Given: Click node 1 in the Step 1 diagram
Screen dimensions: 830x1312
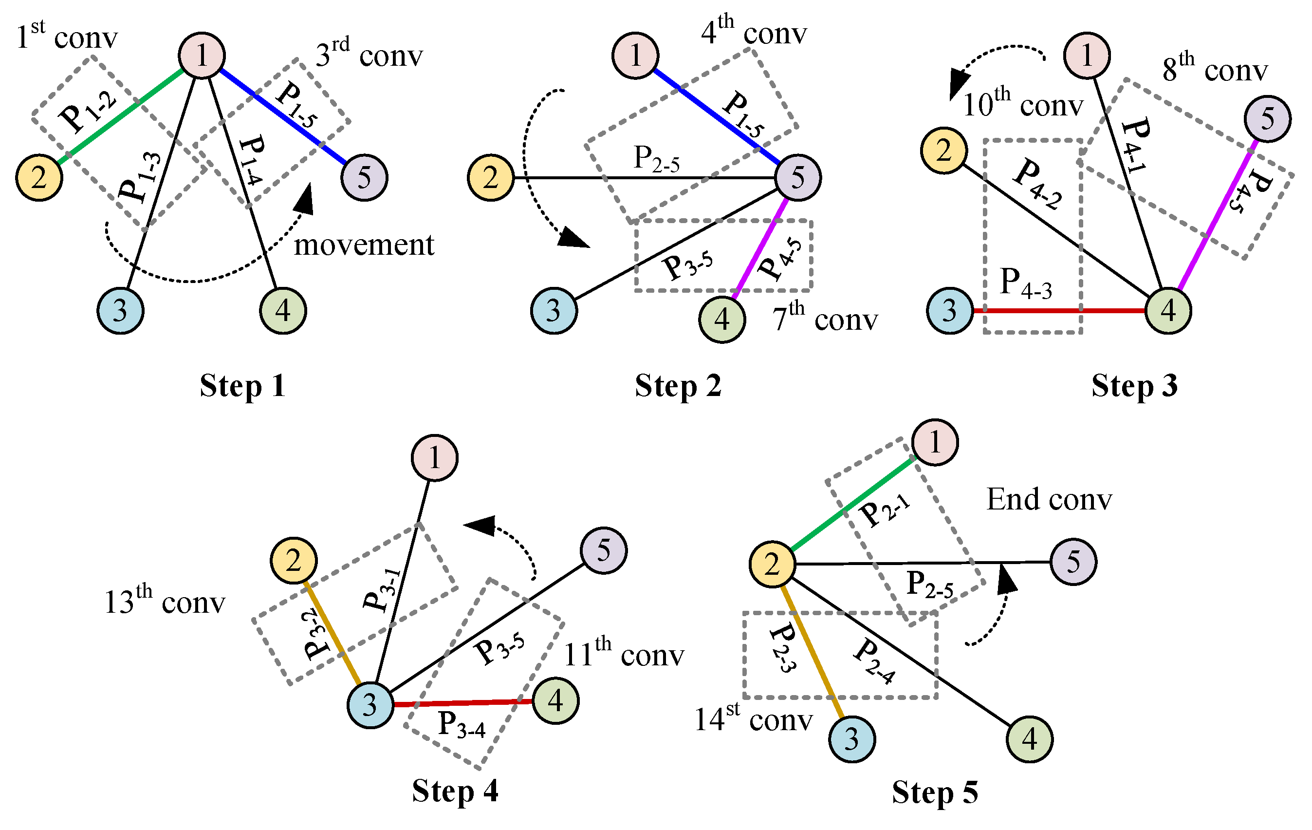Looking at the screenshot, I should pyautogui.click(x=202, y=55).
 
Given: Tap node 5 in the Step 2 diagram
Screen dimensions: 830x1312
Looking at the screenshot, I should pyautogui.click(x=797, y=178).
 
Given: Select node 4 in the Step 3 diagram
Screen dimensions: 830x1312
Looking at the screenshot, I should pyautogui.click(x=1167, y=311).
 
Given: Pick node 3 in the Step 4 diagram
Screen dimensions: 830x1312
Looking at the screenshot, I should pyautogui.click(x=370, y=705).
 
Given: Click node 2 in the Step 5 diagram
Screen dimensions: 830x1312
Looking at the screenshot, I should pyautogui.click(x=772, y=565).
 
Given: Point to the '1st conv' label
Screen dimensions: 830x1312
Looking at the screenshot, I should pyautogui.click(x=67, y=37).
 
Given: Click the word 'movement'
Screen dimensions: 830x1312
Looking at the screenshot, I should pyautogui.click(x=364, y=245).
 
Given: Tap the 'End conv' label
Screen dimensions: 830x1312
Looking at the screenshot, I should pyautogui.click(x=1049, y=499).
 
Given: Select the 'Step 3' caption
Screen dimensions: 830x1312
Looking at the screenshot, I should pyautogui.click(x=1134, y=386).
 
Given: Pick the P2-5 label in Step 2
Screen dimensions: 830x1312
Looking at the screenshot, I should pyautogui.click(x=657, y=159).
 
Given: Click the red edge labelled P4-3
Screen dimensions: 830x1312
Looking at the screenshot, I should pyautogui.click(x=1059, y=311).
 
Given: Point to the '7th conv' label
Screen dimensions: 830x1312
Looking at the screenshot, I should pyautogui.click(x=825, y=318).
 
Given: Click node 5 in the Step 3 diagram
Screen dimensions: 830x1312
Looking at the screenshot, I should pyautogui.click(x=1267, y=119).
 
